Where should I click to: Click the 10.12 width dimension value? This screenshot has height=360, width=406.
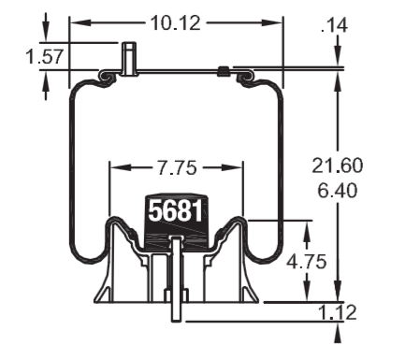point(176,23)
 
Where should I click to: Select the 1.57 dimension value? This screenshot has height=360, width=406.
point(45,56)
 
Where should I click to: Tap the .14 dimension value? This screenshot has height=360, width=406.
point(334,25)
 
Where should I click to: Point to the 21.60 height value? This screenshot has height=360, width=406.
point(338,166)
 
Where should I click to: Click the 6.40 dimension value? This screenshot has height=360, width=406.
point(338,190)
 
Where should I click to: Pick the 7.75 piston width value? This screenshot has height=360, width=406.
point(177,167)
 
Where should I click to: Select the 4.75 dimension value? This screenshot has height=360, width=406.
point(307,261)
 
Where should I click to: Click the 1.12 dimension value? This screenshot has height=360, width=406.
point(338,312)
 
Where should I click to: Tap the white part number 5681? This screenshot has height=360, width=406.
point(176,211)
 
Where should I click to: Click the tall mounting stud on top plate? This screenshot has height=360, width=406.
point(129,59)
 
